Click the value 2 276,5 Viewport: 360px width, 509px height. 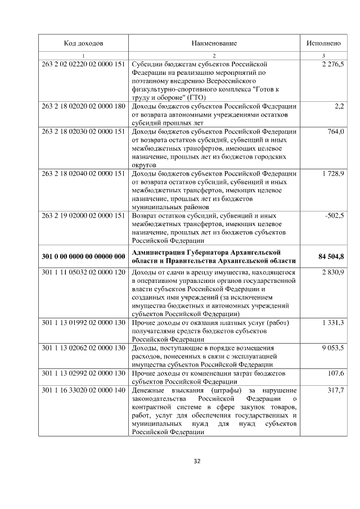(x=332, y=64)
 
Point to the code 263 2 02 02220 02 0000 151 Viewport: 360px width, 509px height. (x=83, y=64)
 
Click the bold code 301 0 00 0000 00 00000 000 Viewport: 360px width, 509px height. (x=83, y=256)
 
